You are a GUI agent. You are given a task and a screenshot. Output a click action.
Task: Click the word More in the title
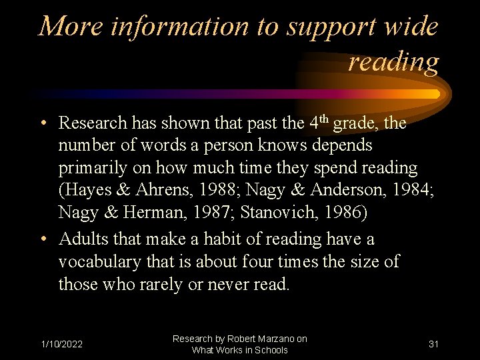[69, 27]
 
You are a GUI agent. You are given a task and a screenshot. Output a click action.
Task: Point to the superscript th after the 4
[324, 119]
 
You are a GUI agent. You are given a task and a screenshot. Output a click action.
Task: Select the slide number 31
[433, 344]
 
